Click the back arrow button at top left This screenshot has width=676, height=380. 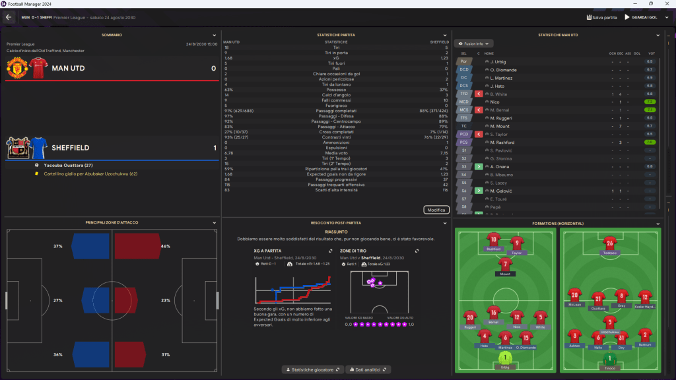pos(9,17)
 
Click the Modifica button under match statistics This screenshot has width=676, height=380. pos(436,210)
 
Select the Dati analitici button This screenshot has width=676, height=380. pos(368,369)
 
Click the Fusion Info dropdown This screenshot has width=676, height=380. pos(475,44)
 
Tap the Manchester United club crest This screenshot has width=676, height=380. pos(16,67)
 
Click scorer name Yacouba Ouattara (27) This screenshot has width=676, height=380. pos(68,165)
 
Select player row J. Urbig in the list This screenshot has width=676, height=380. pos(498,61)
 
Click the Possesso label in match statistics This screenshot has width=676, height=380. pos(335,90)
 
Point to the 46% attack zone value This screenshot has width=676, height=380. pos(166,246)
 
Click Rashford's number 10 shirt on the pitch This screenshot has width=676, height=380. pos(492,240)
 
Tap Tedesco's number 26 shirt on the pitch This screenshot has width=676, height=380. pos(610,244)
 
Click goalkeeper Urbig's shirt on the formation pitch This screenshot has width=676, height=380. pos(505,360)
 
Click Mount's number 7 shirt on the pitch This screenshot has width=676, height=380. pos(505,264)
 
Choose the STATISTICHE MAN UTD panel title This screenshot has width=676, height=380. pos(558,34)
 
